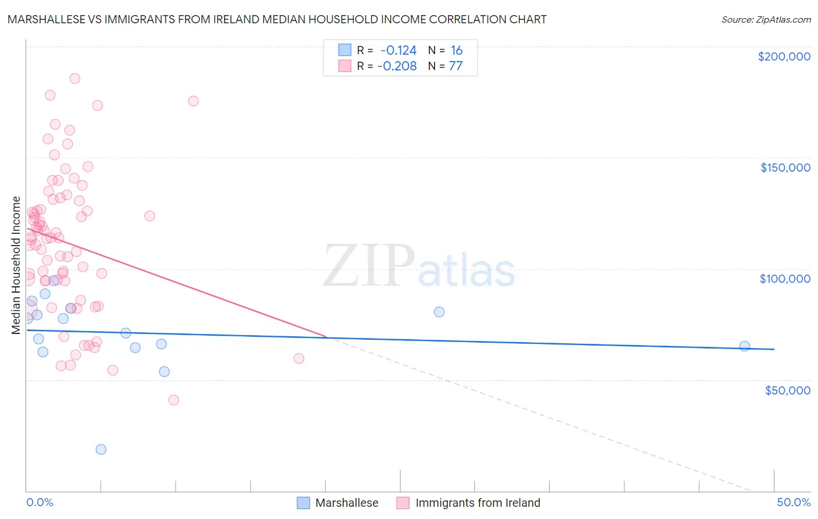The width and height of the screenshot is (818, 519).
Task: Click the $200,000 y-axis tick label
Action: coord(784,56)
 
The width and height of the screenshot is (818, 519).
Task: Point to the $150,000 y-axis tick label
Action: coord(785,168)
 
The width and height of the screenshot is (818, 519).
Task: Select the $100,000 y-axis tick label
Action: coord(785,279)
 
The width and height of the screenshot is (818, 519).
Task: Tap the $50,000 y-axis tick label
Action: coord(787,390)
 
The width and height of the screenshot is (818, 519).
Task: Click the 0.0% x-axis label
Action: coord(40,502)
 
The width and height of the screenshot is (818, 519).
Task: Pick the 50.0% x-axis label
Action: coord(794,502)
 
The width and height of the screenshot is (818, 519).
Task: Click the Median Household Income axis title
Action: coord(16,265)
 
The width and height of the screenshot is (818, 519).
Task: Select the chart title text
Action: coord(277,19)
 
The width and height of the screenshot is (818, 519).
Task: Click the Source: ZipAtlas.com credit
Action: coord(766,19)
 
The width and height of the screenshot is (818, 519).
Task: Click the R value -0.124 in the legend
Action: coord(399,51)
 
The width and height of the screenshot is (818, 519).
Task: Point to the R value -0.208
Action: coord(397,66)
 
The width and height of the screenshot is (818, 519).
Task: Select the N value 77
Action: coord(456,66)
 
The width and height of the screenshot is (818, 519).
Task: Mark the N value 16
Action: coord(456,51)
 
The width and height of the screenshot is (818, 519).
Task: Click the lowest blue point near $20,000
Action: coord(101,449)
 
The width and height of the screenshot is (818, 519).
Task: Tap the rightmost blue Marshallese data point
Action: coord(744,346)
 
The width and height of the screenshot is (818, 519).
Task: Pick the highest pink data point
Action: coord(74,79)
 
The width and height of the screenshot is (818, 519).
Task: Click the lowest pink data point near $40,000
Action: coord(173,400)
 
